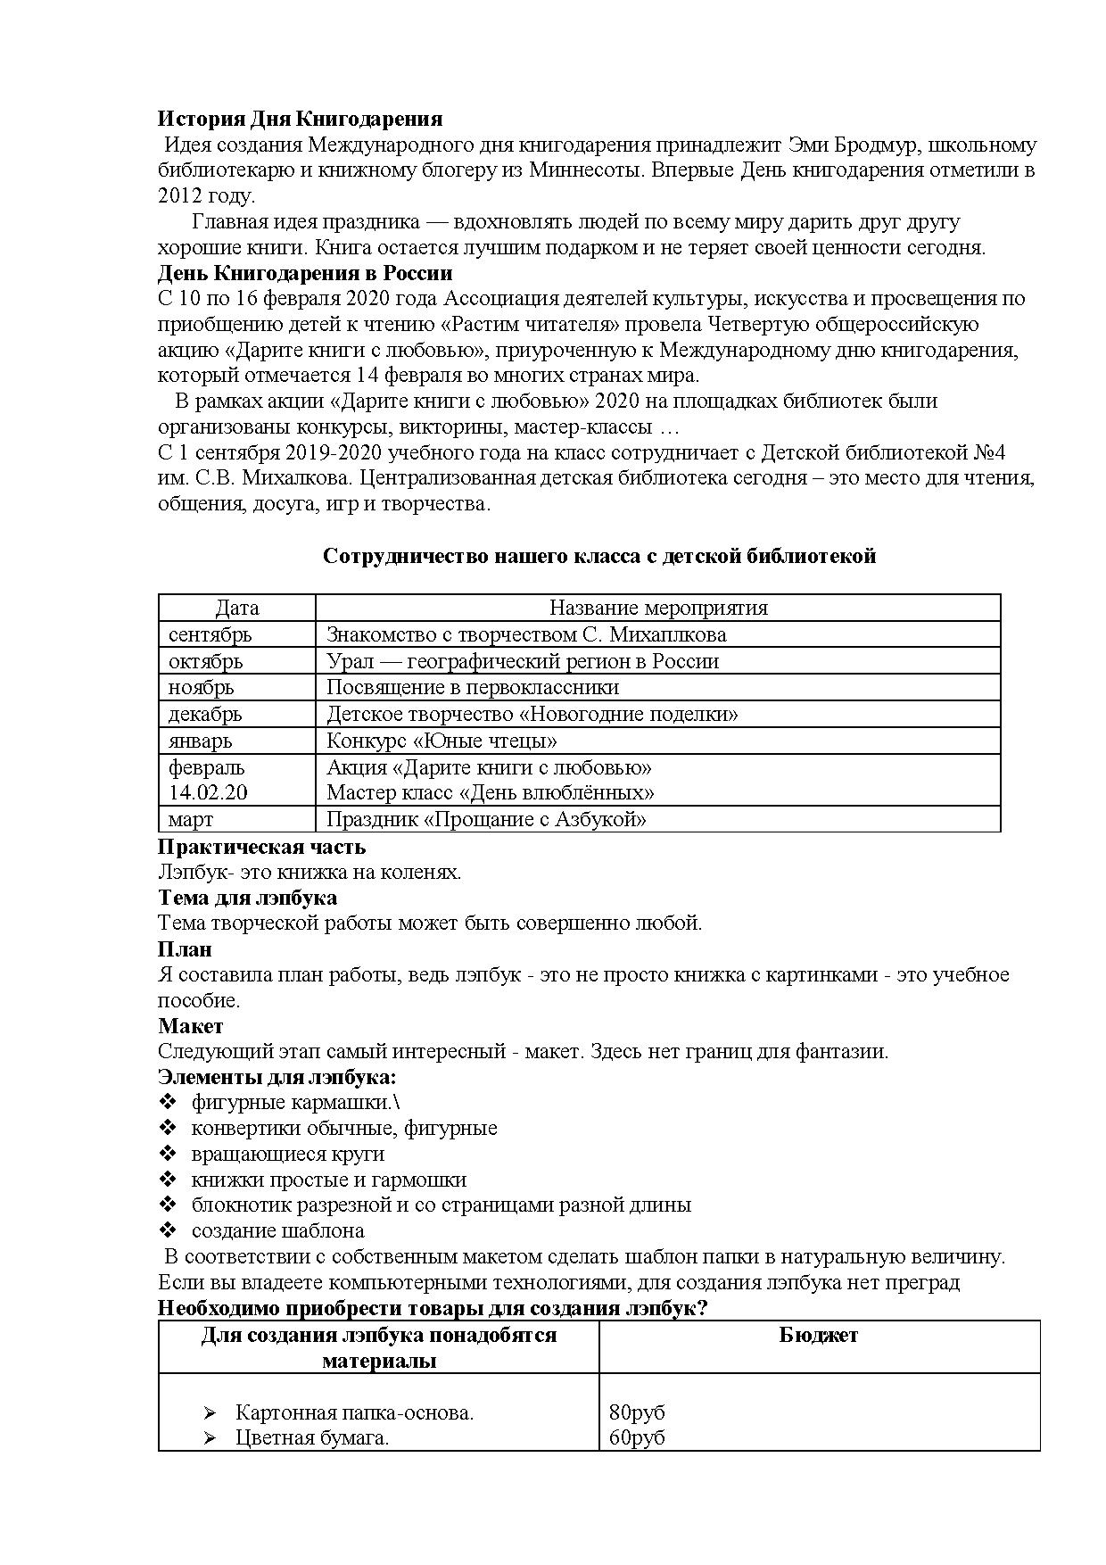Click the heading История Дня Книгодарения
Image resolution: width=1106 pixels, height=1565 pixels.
pos(300,119)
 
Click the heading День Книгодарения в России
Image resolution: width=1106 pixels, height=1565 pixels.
pos(305,273)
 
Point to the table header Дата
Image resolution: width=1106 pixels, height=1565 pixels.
pos(237,609)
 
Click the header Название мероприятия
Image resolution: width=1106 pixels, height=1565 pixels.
pos(658,609)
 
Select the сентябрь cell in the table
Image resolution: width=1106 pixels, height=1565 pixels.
pos(210,635)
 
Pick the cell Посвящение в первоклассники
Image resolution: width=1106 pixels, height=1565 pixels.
pos(473,688)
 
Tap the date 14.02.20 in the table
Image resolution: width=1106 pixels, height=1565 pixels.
pos(209,793)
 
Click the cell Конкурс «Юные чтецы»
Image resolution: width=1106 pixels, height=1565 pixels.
pos(442,741)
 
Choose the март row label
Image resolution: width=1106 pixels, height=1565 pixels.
pos(191,820)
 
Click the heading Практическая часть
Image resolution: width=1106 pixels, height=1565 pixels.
pos(262,847)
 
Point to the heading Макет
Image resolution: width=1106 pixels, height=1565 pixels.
pos(191,1026)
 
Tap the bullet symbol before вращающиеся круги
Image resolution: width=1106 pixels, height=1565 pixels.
pos(168,1154)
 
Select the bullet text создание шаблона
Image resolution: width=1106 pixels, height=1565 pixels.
pos(278,1231)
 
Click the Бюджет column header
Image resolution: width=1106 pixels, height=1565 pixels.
pos(819,1336)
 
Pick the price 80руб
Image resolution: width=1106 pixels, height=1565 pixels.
pos(637,1413)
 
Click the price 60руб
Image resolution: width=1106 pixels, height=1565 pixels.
pos(637,1438)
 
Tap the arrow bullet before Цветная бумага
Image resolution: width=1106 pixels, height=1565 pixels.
pos(210,1438)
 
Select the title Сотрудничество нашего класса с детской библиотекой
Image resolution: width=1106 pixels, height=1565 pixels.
pos(599,557)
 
